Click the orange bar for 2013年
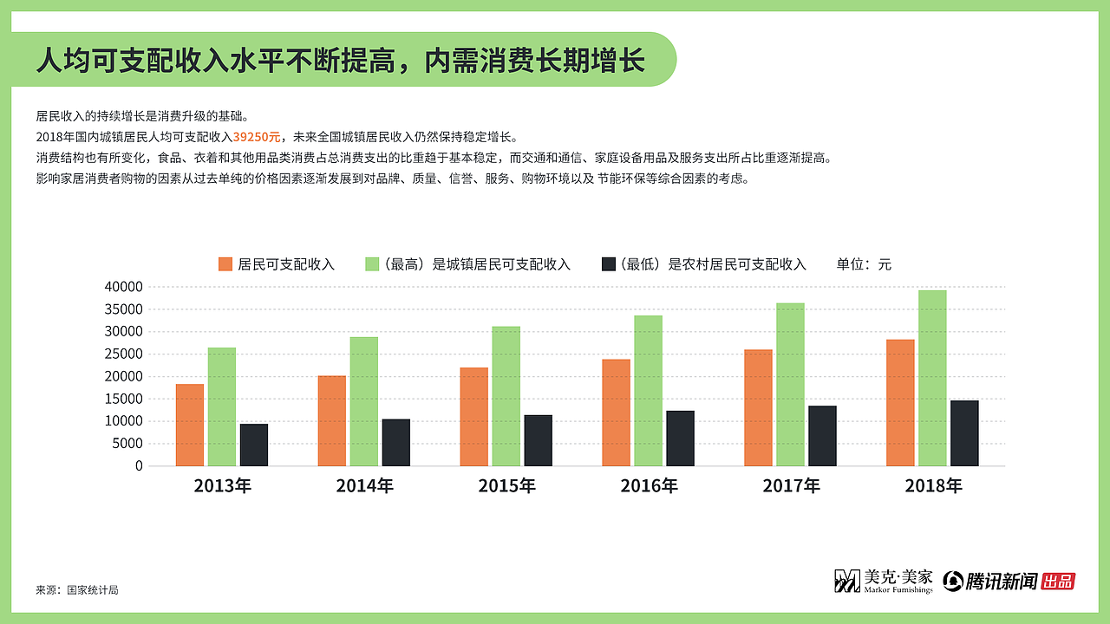(190, 425)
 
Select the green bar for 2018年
(932, 378)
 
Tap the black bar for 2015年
(538, 440)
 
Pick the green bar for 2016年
(648, 390)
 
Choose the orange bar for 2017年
(758, 407)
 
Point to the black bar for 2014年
(395, 442)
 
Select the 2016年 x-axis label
(649, 486)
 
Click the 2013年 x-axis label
(222, 486)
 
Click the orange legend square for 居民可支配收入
(225, 264)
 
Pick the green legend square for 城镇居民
(372, 264)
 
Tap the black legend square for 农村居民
(608, 264)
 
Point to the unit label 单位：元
(864, 264)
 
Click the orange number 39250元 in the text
(257, 137)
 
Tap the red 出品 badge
(1058, 581)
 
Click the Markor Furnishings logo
(883, 581)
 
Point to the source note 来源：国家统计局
(76, 590)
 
